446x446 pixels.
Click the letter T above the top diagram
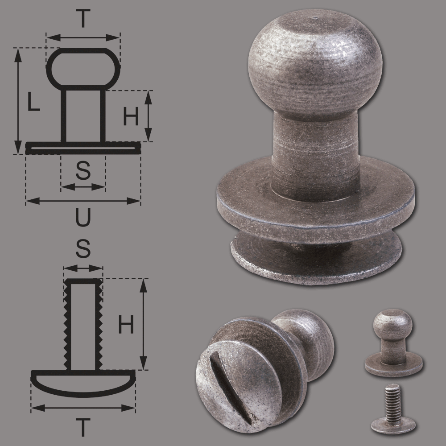click(83, 18)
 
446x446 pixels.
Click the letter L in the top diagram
click(33, 102)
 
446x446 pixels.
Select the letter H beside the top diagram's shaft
click(131, 116)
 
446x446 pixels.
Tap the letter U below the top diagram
click(83, 217)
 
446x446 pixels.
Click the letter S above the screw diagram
click(83, 248)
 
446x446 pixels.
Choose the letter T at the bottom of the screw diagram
click(83, 427)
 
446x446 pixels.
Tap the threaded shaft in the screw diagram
click(83, 324)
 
